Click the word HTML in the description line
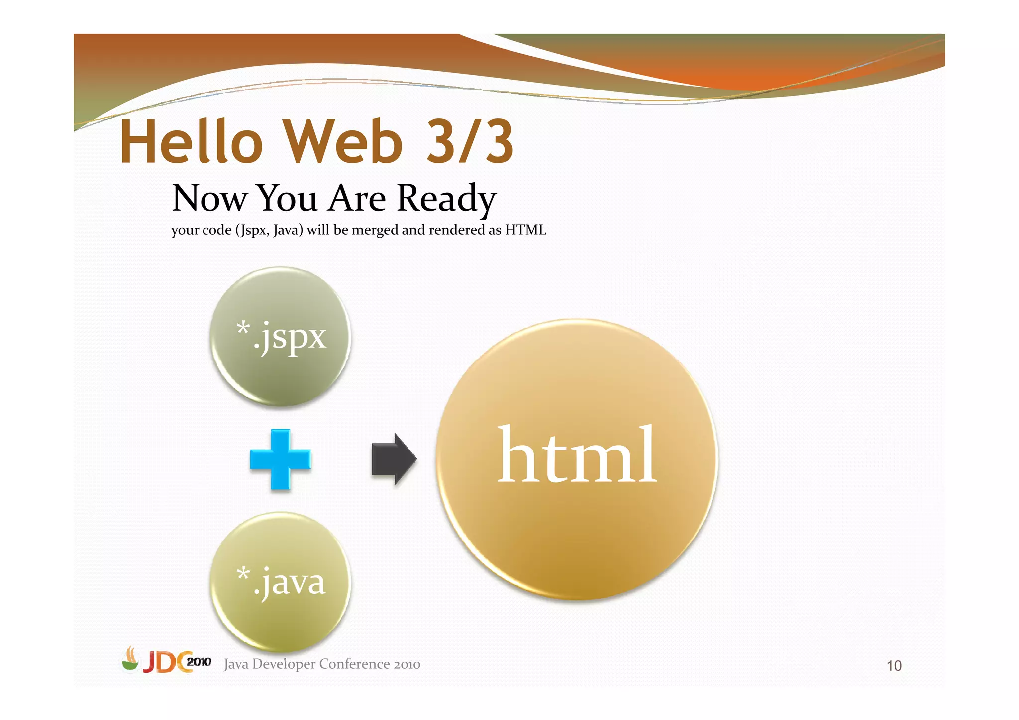coord(525,230)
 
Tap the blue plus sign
coord(280,459)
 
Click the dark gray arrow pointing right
coord(394,458)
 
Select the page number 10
coord(894,666)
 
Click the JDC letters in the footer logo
coord(166,662)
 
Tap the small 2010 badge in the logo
coord(199,662)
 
